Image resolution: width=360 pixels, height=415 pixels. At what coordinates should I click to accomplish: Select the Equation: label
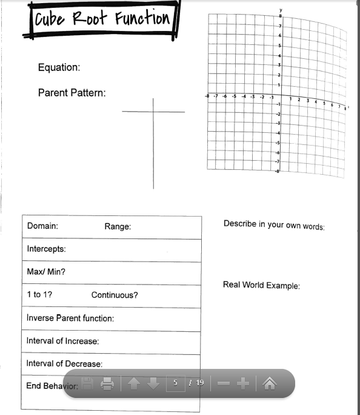pos(59,67)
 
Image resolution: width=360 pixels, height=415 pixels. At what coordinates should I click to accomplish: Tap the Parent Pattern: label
pos(72,93)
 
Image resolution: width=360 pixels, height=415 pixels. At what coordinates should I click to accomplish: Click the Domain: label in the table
pos(42,226)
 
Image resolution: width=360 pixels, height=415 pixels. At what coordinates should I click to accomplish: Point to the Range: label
pos(118,226)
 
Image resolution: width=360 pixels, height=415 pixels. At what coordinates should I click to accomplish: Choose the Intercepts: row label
pos(46,249)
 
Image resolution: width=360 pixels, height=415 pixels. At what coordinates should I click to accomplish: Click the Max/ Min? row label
pos(46,271)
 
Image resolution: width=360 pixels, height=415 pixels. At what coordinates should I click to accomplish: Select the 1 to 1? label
pos(39,294)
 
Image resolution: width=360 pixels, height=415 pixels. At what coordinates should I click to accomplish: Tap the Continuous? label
pos(115,295)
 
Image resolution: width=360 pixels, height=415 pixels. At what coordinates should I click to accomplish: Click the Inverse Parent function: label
pos(70,318)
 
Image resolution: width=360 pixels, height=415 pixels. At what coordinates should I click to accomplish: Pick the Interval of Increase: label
pos(62,341)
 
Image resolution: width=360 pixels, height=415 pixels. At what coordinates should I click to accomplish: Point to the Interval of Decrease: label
pos(64,363)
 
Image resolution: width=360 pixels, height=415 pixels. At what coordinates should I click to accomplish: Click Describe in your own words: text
pos(274,224)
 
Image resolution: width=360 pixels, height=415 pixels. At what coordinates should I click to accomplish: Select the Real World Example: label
pos(261,285)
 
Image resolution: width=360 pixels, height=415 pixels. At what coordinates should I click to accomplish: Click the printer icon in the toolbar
pos(107,383)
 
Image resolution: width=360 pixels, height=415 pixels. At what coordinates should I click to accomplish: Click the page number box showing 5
pos(175,383)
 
